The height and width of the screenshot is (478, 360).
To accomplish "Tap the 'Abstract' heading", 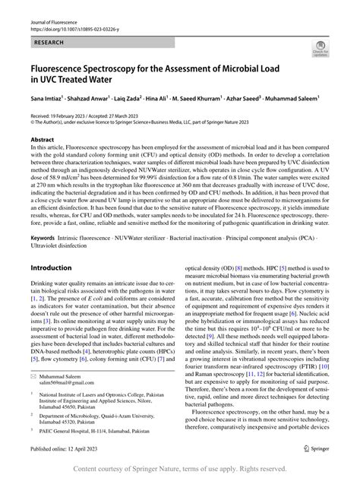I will [x=42, y=141].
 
